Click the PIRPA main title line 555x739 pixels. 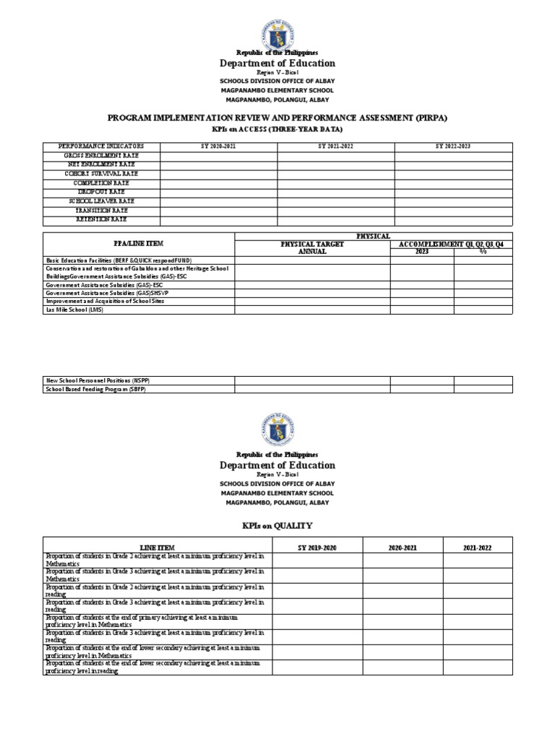(x=277, y=116)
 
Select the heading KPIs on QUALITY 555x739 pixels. (x=277, y=525)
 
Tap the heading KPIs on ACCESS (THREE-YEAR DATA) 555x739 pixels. (x=277, y=129)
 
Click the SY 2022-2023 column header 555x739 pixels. (x=453, y=147)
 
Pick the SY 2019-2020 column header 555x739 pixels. (x=317, y=548)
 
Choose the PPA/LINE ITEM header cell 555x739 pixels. (x=139, y=244)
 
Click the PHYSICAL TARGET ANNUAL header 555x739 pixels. (x=312, y=248)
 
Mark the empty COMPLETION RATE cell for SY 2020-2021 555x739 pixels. (x=218, y=183)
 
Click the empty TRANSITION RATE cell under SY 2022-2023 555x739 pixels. (x=453, y=211)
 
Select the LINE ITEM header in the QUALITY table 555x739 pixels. (x=157, y=548)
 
